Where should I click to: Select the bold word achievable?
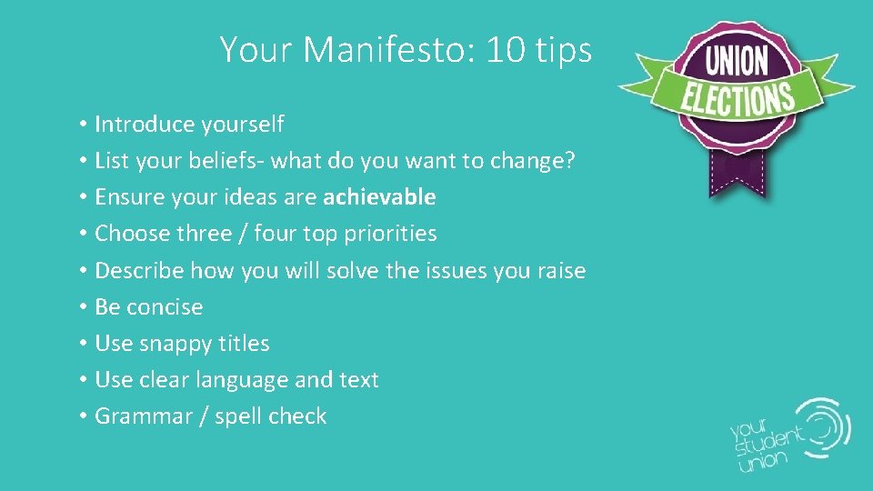379,197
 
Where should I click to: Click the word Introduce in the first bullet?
141,124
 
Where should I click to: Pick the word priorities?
390,234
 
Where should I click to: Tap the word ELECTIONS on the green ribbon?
738,97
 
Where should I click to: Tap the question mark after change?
570,161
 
